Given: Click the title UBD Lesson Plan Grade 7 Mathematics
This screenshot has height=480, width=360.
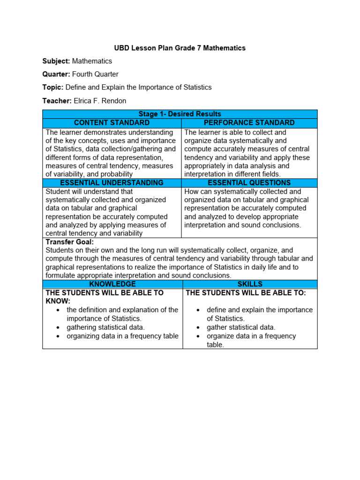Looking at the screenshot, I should (180, 48).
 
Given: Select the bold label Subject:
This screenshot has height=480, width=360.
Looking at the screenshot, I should (56, 61).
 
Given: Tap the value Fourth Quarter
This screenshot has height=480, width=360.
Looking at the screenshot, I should (96, 74).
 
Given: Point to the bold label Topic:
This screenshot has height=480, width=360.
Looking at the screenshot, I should (52, 87).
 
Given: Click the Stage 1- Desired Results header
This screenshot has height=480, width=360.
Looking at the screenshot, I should (180, 114).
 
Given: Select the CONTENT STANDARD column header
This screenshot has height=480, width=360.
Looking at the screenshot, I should (112, 123).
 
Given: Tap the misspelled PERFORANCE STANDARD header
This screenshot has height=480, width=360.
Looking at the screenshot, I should (249, 123).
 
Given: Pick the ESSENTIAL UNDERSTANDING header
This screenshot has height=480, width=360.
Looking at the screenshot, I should (112, 183).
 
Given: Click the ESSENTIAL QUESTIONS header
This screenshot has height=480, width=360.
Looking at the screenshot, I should (249, 183).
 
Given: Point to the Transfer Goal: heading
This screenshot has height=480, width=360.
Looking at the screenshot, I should (69, 242).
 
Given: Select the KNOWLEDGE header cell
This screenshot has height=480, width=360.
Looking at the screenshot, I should (112, 284).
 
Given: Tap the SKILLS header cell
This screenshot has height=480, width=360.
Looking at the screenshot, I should (250, 284).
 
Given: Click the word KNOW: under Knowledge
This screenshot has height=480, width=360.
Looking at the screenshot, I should (58, 301).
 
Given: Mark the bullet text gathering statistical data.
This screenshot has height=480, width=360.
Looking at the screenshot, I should (105, 327).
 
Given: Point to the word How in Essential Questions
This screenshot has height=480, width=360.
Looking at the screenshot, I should (192, 191).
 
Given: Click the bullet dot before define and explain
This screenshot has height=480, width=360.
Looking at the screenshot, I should (199, 310).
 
